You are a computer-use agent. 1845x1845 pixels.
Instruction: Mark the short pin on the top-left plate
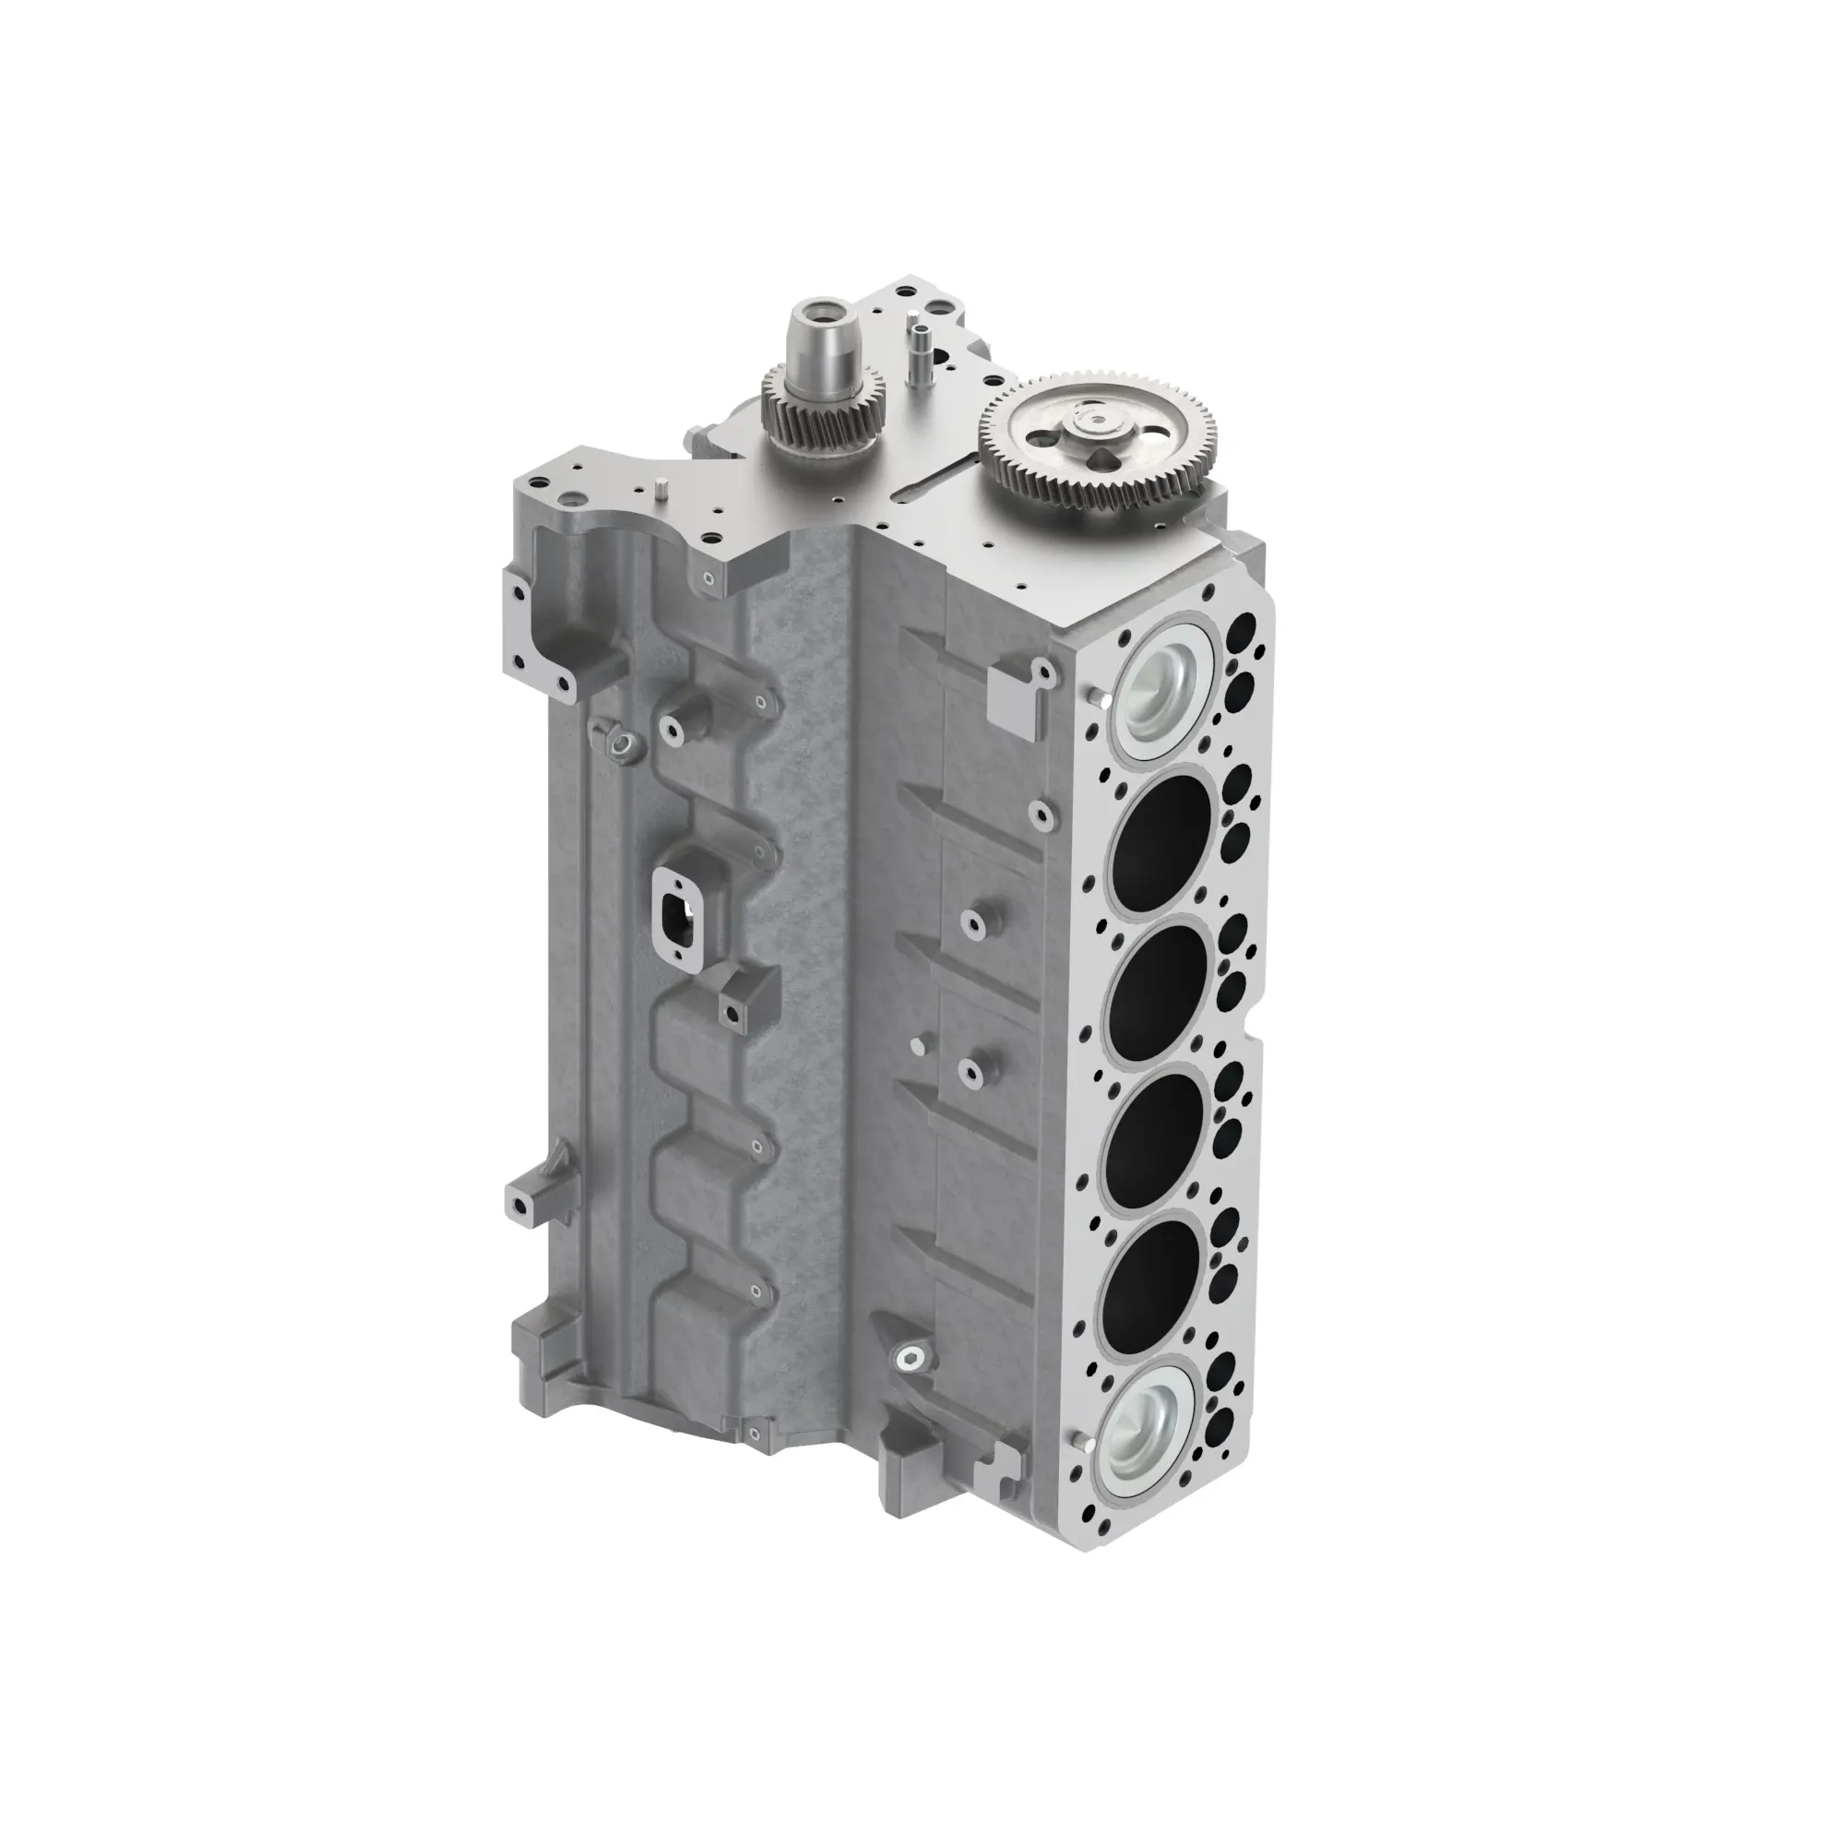657,490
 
